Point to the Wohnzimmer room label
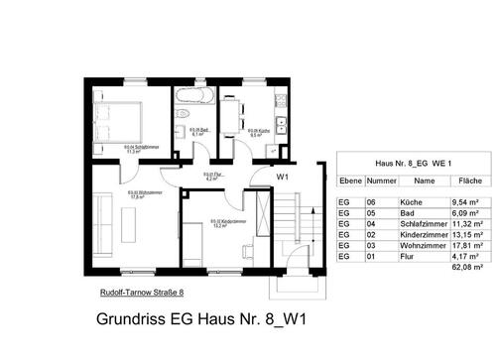tap(137, 194)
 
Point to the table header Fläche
tap(470, 181)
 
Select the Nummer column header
tap(381, 181)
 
